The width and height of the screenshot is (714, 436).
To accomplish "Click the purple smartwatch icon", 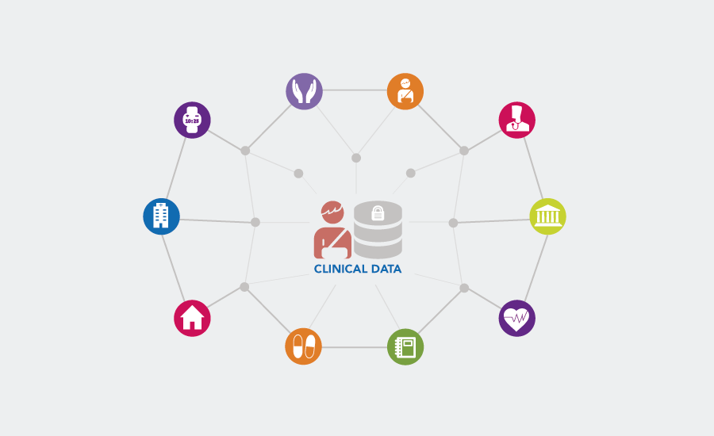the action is [192, 120].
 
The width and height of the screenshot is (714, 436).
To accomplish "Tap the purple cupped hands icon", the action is [304, 90].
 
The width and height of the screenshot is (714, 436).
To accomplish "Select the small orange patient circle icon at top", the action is [405, 90].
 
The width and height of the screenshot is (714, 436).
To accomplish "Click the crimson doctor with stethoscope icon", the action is [517, 120].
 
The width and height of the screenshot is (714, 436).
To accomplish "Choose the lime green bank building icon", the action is [547, 216].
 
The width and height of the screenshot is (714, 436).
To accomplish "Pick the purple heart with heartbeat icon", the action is [517, 318].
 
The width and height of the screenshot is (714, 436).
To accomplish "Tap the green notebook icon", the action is [405, 346].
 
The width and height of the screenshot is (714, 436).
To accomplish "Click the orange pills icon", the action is [304, 346].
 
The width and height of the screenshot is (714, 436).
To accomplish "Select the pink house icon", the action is [192, 318].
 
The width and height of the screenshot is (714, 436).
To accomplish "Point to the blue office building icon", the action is [161, 216].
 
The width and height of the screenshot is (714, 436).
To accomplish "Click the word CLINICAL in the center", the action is [340, 269].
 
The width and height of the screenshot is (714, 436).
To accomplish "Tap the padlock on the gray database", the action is [378, 213].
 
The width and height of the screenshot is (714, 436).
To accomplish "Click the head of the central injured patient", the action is [332, 212].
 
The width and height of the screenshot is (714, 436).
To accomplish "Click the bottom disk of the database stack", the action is [378, 251].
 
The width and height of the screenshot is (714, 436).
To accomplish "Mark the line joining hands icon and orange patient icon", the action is [355, 90].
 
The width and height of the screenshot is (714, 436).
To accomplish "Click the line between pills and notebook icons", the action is [355, 347].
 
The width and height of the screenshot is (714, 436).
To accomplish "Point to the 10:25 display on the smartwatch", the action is [192, 121].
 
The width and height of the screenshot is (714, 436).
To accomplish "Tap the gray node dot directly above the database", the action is [356, 158].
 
